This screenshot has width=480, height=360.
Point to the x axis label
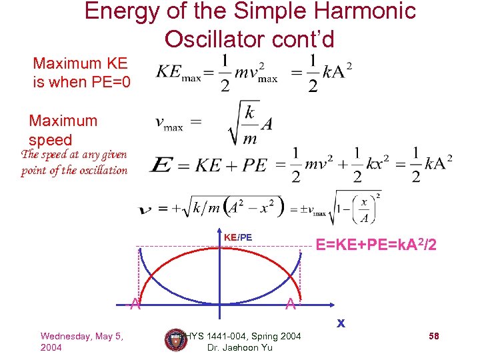(x=340, y=323)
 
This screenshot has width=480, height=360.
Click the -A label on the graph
(x=133, y=305)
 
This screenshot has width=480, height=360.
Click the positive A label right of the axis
(x=289, y=305)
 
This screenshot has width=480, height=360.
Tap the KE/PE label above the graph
(x=237, y=237)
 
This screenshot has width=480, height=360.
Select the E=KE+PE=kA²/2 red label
(x=376, y=245)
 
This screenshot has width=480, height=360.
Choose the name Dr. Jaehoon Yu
(x=239, y=348)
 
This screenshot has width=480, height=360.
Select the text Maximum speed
(x=63, y=130)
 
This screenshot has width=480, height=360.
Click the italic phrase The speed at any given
(x=73, y=155)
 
